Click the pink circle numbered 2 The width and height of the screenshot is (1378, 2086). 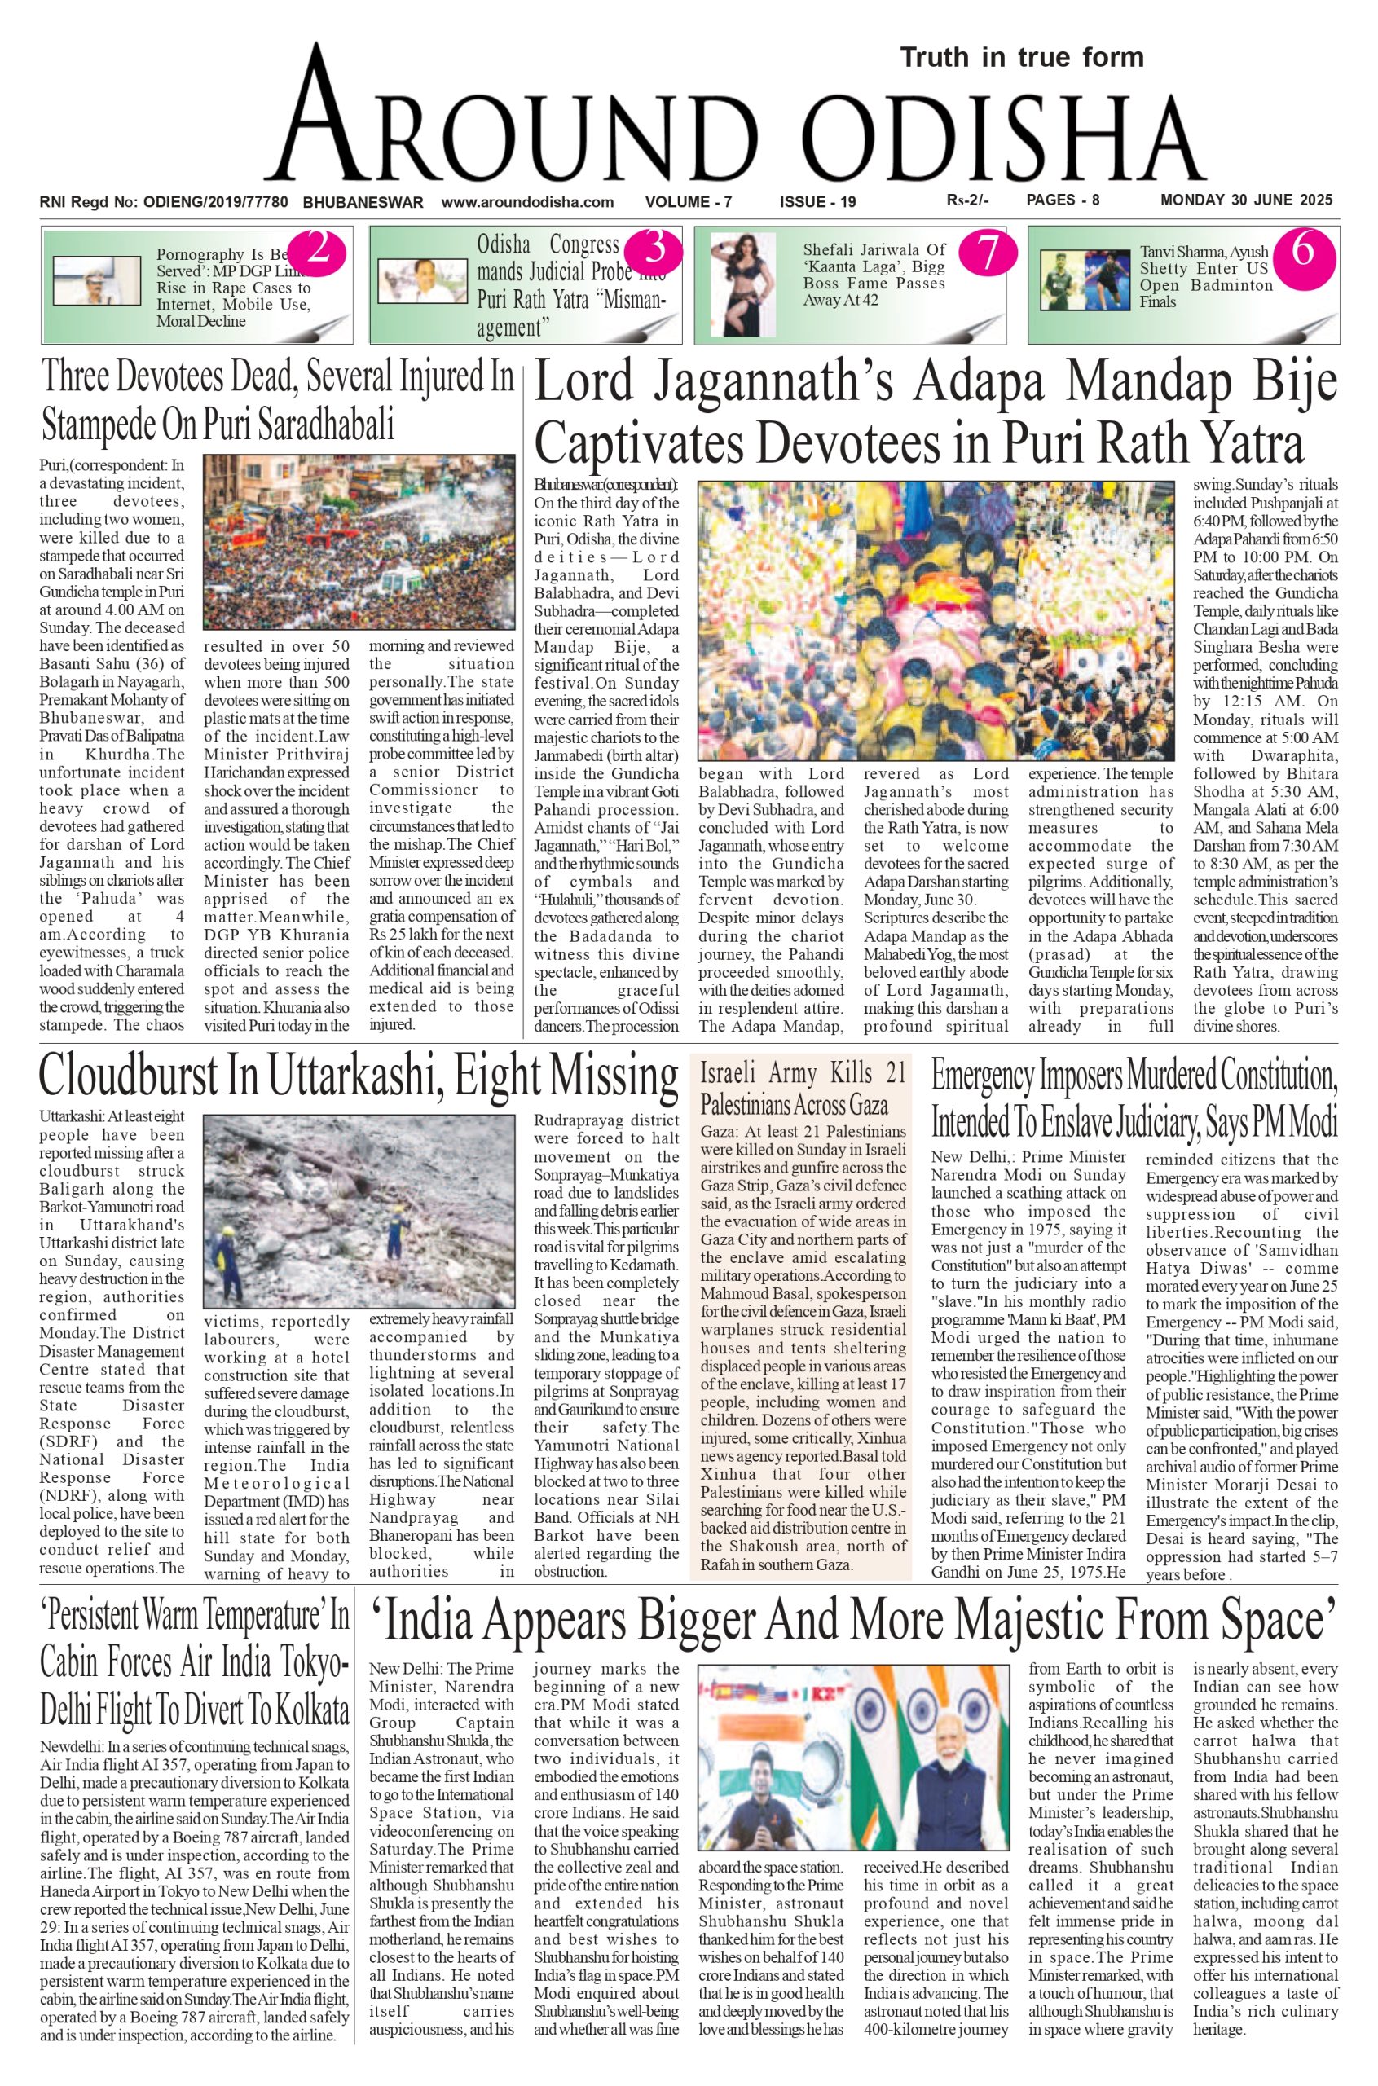tap(317, 251)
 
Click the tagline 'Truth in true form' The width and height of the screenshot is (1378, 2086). tap(1021, 58)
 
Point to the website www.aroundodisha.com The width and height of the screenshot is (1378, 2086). tap(527, 202)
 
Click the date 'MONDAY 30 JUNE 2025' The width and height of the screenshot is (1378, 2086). tap(1246, 200)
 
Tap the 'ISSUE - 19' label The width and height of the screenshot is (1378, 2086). tap(817, 202)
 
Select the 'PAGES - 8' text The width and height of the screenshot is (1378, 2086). tap(1063, 200)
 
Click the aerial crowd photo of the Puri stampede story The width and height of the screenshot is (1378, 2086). tap(359, 541)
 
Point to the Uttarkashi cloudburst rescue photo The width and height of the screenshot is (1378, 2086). tap(359, 1212)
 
